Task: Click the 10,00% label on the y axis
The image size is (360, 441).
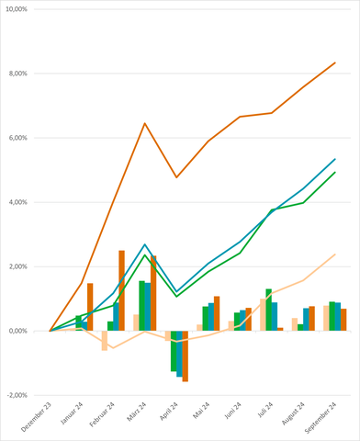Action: tap(17, 9)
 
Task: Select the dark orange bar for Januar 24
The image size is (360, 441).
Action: tap(90, 307)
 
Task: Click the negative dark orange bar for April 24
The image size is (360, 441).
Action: tap(185, 356)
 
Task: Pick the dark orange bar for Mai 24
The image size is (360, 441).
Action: tap(217, 313)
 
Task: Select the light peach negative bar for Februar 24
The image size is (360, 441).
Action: tap(105, 340)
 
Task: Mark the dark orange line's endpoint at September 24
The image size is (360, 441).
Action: tap(335, 62)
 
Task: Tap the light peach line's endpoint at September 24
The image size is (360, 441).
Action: tap(335, 254)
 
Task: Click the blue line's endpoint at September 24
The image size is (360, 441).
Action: tap(335, 159)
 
